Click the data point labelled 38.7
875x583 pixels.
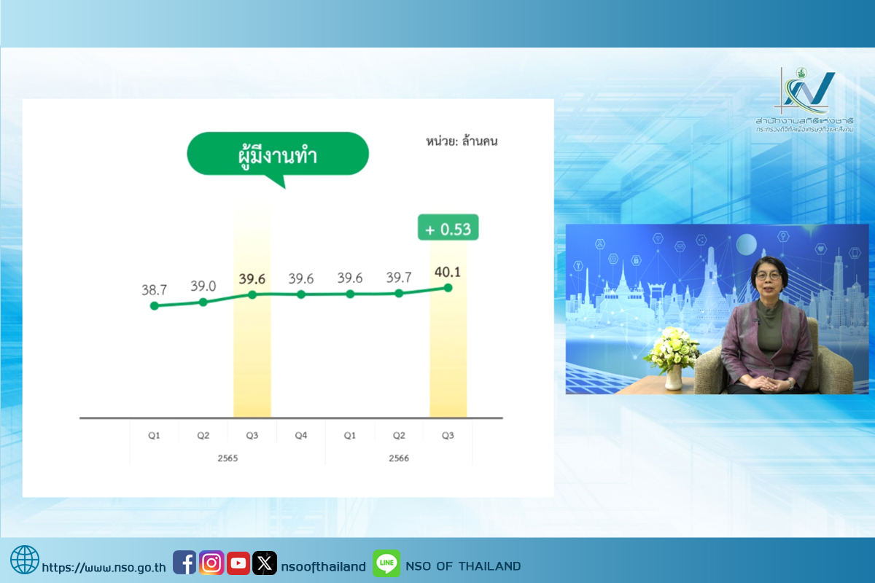pyautogui.click(x=155, y=306)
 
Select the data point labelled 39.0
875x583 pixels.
pyautogui.click(x=203, y=302)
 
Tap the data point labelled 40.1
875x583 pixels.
pyautogui.click(x=448, y=288)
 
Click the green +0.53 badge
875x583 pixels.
pyautogui.click(x=448, y=227)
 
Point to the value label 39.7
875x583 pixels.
pyautogui.click(x=399, y=277)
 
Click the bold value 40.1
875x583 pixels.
pyautogui.click(x=448, y=272)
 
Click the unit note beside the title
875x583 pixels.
pyautogui.click(x=462, y=141)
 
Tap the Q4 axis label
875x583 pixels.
pyautogui.click(x=300, y=435)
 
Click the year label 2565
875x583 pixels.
pyautogui.click(x=227, y=458)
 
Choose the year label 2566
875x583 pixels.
pyautogui.click(x=399, y=458)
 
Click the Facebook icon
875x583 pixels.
pyautogui.click(x=184, y=563)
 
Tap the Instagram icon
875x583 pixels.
pyautogui.click(x=211, y=563)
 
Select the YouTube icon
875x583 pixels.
pyautogui.click(x=238, y=563)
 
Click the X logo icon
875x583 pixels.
pyautogui.click(x=265, y=563)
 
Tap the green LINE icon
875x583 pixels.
pyautogui.click(x=386, y=563)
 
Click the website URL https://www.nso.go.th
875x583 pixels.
pyautogui.click(x=104, y=567)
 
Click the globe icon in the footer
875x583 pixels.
pyautogui.click(x=25, y=560)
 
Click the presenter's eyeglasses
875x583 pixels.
pyautogui.click(x=769, y=276)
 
